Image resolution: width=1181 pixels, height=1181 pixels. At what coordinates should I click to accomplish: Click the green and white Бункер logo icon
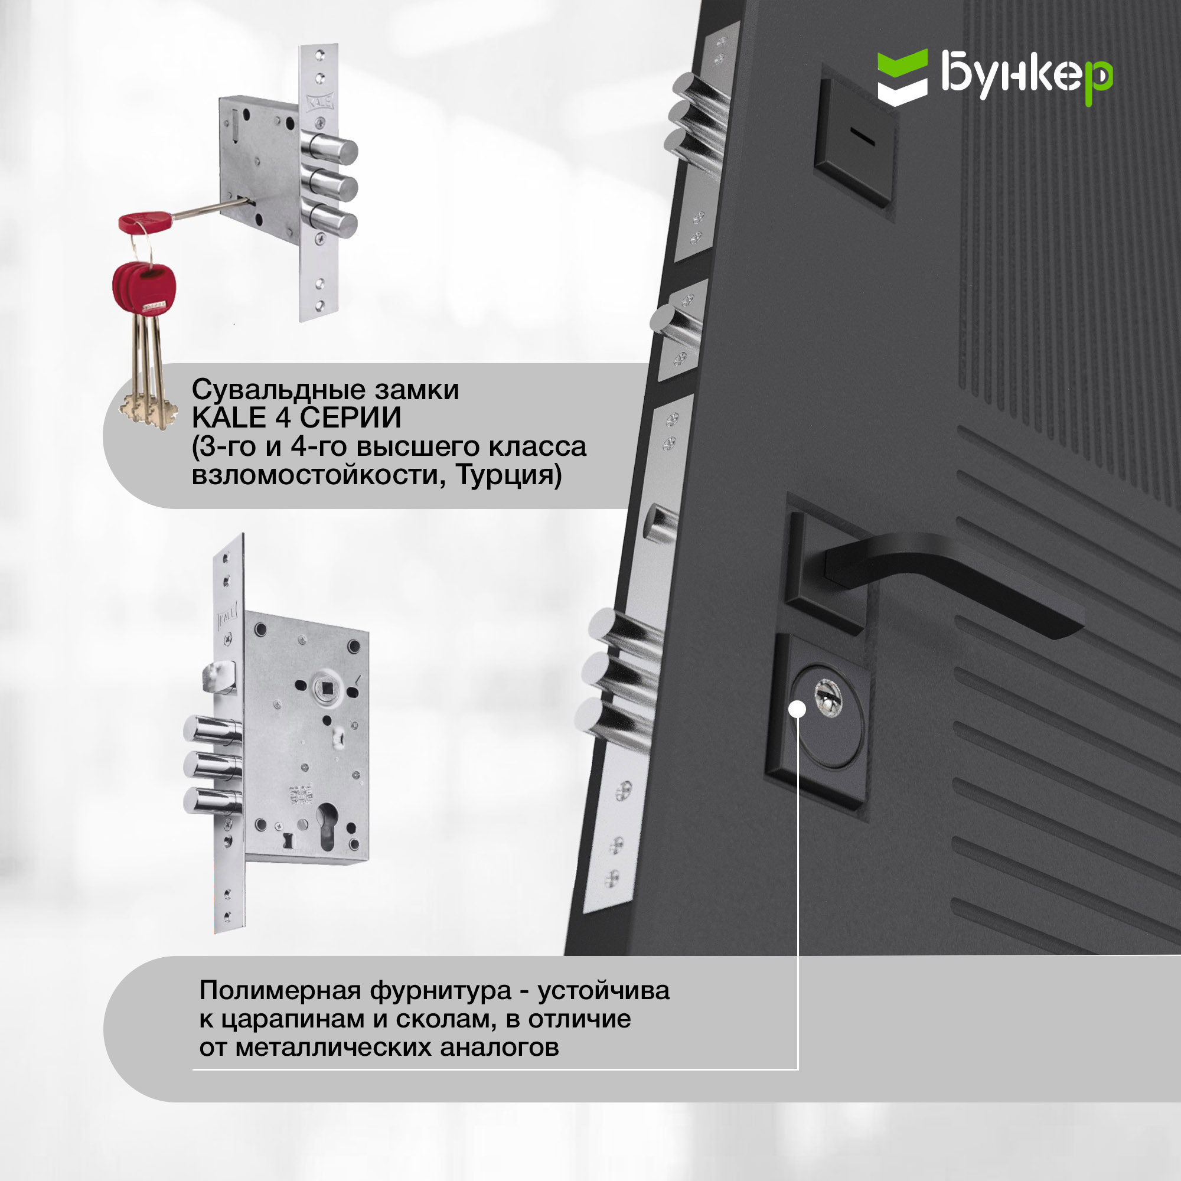click(x=902, y=77)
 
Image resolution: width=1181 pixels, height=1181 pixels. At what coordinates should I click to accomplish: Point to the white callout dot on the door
click(x=797, y=709)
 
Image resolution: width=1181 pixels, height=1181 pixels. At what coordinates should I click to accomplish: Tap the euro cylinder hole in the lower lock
click(x=327, y=826)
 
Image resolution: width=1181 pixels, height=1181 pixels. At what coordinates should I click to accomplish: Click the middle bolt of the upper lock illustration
click(x=330, y=185)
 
